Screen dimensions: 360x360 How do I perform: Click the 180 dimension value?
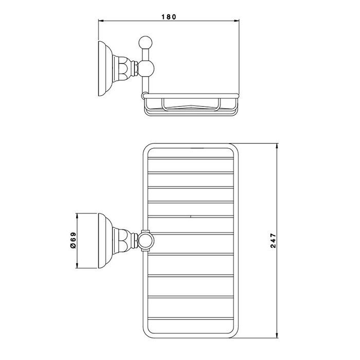coord(169,17)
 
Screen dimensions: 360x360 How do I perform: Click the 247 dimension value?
coord(273,240)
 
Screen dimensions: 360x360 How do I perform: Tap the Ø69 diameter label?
coord(73,240)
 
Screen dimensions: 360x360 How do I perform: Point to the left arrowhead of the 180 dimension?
coord(101,21)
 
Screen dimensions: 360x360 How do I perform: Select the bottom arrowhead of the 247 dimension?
coord(277,335)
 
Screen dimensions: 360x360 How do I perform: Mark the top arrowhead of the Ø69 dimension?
coord(77,216)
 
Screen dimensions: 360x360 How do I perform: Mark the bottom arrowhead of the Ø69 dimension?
coord(77,265)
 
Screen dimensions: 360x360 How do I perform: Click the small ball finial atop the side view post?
coord(146,43)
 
